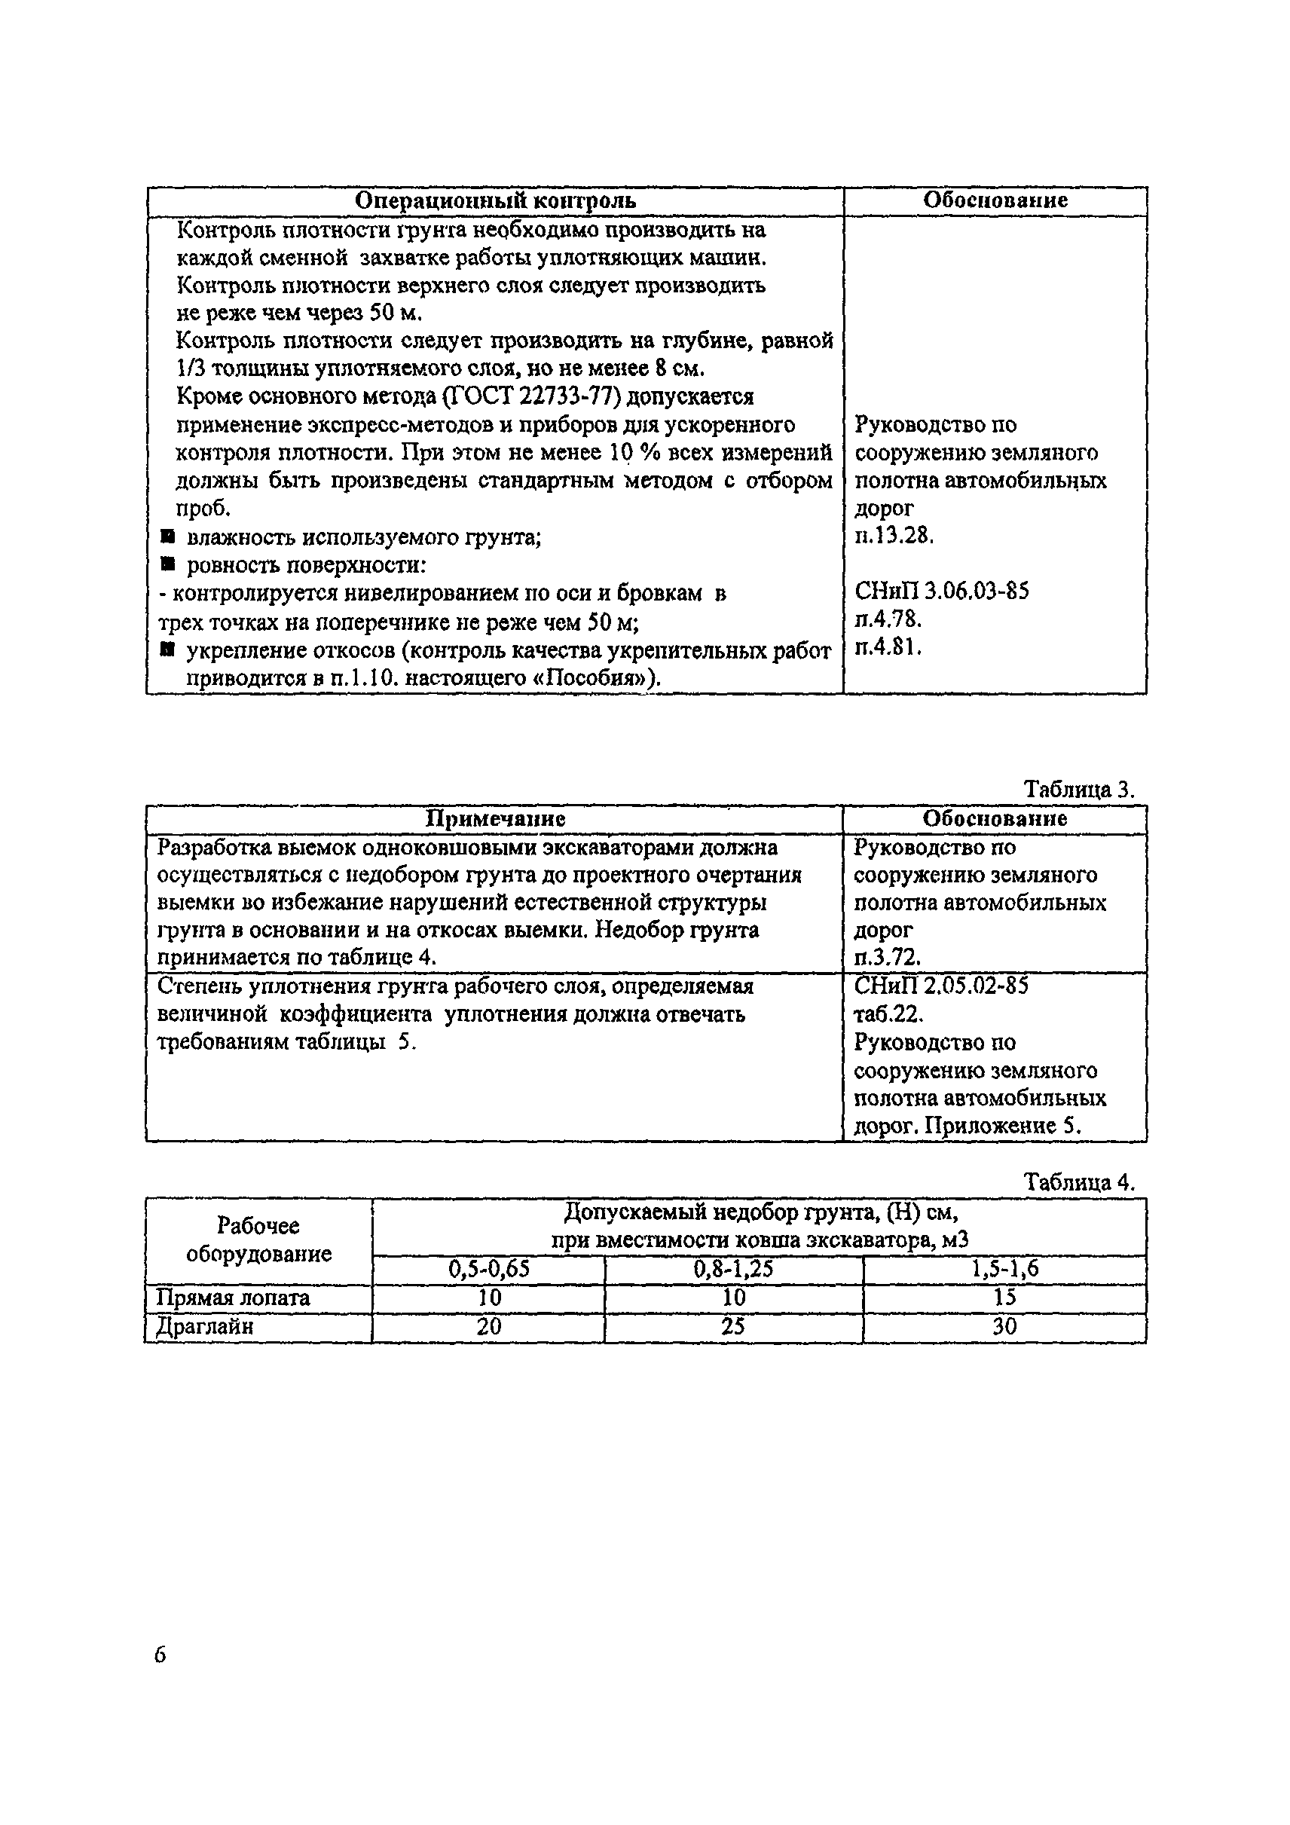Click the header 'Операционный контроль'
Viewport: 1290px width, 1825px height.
tap(494, 200)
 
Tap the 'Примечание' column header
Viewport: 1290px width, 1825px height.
tap(495, 819)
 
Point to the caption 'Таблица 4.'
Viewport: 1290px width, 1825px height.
tap(1078, 1183)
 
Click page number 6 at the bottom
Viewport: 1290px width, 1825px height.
tap(160, 1655)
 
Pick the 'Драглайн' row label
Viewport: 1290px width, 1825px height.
tap(204, 1327)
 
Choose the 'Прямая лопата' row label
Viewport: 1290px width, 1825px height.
tap(233, 1298)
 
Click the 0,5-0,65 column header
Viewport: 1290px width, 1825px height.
tap(488, 1269)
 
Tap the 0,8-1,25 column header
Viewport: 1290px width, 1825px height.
tap(733, 1269)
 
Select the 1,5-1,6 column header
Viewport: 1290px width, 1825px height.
tap(1004, 1269)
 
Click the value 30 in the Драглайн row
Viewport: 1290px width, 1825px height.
tap(1004, 1327)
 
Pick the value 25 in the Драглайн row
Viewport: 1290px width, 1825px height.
tap(733, 1327)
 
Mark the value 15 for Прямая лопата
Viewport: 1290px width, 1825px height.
tap(1004, 1298)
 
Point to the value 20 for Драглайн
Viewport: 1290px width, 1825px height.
tap(488, 1327)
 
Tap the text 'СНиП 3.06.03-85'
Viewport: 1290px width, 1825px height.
tap(942, 592)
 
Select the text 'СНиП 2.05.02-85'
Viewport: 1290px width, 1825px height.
tap(941, 986)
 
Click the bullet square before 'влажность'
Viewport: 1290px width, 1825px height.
tap(167, 537)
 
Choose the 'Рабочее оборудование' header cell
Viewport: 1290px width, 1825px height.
tap(258, 1240)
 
